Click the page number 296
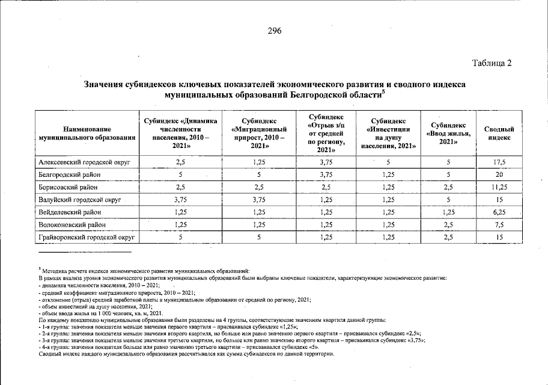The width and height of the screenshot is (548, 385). point(275,31)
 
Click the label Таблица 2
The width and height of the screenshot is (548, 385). point(492,63)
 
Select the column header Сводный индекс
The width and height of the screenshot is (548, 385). point(499,133)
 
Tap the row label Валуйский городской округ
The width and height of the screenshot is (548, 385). point(79,200)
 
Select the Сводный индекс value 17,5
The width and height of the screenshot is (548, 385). point(499,162)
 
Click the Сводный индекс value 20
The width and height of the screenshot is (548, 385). point(499,174)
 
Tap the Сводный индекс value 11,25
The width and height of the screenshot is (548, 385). point(499,187)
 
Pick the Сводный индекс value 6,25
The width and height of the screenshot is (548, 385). point(499,212)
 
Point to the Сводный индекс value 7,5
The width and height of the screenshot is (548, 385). point(499,225)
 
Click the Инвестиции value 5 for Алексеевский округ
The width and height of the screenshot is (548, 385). point(388,162)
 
